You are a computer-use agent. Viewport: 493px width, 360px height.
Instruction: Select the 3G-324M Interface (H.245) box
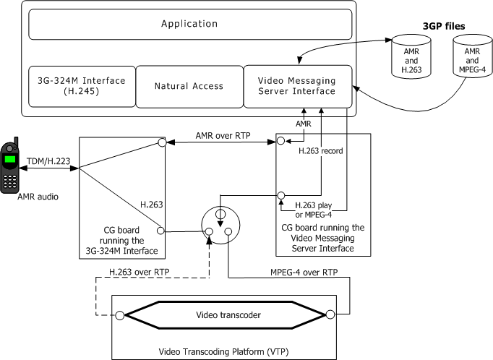click(x=80, y=85)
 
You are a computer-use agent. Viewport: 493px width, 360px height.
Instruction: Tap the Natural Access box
click(x=189, y=86)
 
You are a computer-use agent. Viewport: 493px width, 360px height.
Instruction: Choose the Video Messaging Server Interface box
click(x=297, y=85)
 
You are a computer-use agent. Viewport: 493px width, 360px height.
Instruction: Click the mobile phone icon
click(x=11, y=165)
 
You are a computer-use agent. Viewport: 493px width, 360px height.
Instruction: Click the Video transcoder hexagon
click(x=225, y=314)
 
